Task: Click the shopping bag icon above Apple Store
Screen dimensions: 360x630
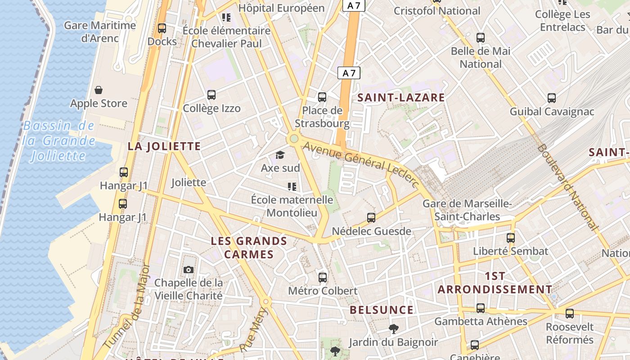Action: pyautogui.click(x=99, y=90)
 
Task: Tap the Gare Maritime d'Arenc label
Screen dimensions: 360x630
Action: pyautogui.click(x=100, y=31)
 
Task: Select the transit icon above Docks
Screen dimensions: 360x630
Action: pyautogui.click(x=162, y=28)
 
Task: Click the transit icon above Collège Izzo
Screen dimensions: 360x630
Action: pyautogui.click(x=211, y=95)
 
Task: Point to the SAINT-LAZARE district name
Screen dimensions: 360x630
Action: pyautogui.click(x=401, y=98)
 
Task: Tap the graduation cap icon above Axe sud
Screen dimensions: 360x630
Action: pyautogui.click(x=280, y=155)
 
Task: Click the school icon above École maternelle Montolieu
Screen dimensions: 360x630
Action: pyautogui.click(x=292, y=186)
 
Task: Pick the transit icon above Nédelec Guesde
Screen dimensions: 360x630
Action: pyautogui.click(x=371, y=218)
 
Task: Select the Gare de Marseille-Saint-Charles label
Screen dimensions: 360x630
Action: pyautogui.click(x=467, y=210)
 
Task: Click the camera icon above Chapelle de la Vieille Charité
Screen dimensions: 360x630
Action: pyautogui.click(x=189, y=270)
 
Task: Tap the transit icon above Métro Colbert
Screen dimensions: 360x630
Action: pyautogui.click(x=323, y=277)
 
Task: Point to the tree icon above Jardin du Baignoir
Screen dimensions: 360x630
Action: pyautogui.click(x=393, y=329)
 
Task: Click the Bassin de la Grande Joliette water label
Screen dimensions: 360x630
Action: pyautogui.click(x=58, y=141)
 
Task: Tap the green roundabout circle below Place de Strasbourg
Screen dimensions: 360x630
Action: pyautogui.click(x=294, y=139)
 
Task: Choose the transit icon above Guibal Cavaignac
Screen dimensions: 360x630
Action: pyautogui.click(x=552, y=98)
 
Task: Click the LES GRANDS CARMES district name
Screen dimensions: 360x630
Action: pyautogui.click(x=249, y=247)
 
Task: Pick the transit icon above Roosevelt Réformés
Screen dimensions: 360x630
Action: pyautogui.click(x=570, y=314)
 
